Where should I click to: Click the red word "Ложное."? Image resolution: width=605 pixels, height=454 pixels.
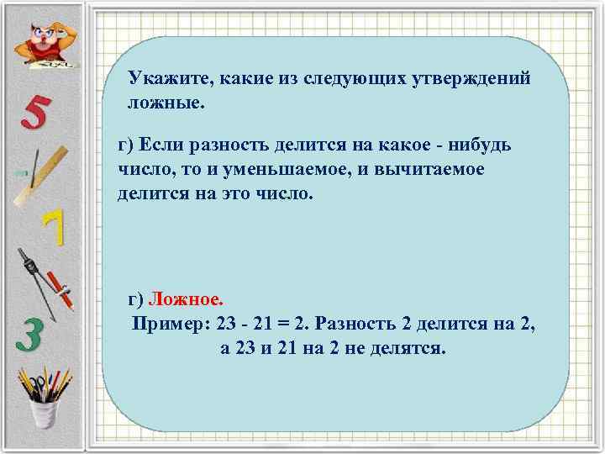click(x=187, y=299)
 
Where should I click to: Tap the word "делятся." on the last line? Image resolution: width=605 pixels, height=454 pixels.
click(x=409, y=347)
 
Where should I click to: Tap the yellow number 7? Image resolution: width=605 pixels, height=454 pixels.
click(x=52, y=228)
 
